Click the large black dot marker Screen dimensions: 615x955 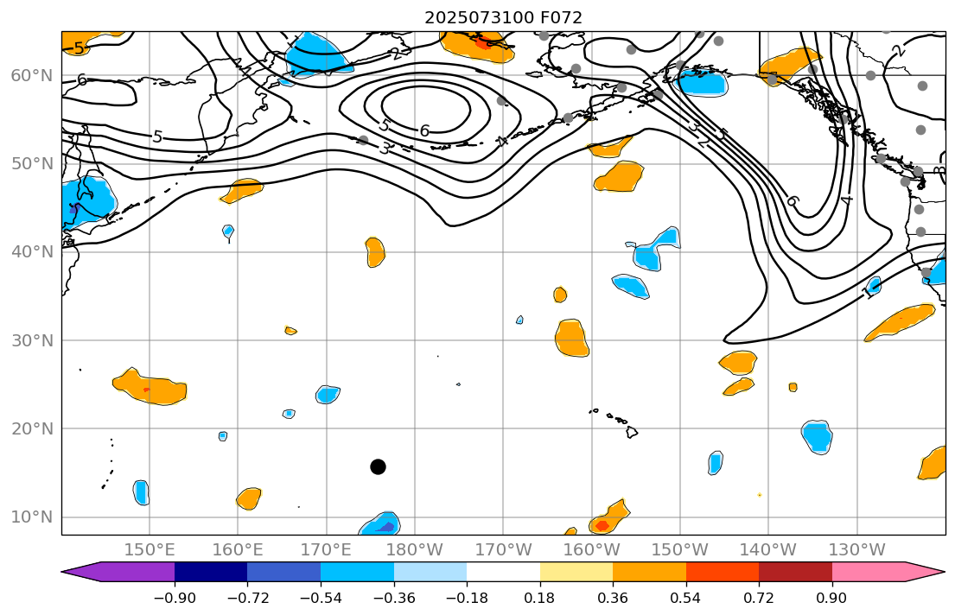click(378, 466)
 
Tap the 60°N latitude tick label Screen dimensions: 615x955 click(31, 76)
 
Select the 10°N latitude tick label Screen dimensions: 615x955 click(31, 517)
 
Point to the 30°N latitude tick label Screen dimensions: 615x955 click(31, 340)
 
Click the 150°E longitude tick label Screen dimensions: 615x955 click(150, 549)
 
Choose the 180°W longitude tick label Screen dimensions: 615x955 click(415, 549)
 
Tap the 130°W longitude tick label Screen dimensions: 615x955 click(856, 549)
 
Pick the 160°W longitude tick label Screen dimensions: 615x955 click(591, 549)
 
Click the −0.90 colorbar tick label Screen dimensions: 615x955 click(175, 598)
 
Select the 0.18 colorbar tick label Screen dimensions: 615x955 click(540, 598)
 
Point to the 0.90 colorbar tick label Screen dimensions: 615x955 click(832, 598)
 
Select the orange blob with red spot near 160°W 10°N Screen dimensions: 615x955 click(605, 522)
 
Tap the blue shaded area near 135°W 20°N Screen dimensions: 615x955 click(817, 436)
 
